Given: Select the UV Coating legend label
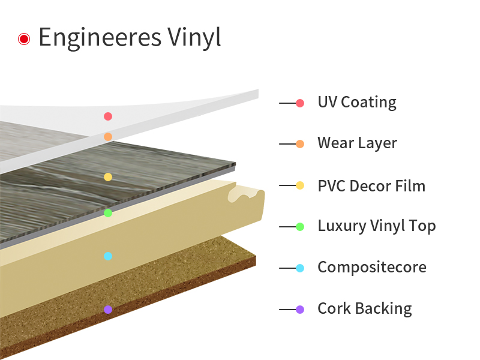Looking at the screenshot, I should click(357, 103).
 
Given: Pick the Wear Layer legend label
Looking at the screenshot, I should click(357, 143).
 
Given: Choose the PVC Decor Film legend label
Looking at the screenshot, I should click(371, 186).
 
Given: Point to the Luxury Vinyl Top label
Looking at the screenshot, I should click(376, 226).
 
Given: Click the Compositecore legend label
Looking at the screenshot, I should click(372, 267).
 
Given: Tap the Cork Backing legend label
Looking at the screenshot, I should click(365, 309).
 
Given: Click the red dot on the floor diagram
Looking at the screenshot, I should click(108, 116).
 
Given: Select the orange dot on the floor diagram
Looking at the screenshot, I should click(108, 137).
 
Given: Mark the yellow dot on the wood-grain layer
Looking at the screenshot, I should click(108, 177).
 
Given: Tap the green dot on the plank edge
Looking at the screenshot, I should click(108, 213).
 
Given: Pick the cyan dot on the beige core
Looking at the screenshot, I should click(108, 256).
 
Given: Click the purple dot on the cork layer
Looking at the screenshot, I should click(108, 310).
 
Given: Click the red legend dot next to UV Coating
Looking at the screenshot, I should click(300, 103).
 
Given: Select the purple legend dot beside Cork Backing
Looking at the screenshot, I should click(300, 310).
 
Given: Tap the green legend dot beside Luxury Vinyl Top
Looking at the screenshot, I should click(300, 227).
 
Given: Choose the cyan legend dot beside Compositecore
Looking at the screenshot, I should click(300, 268).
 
